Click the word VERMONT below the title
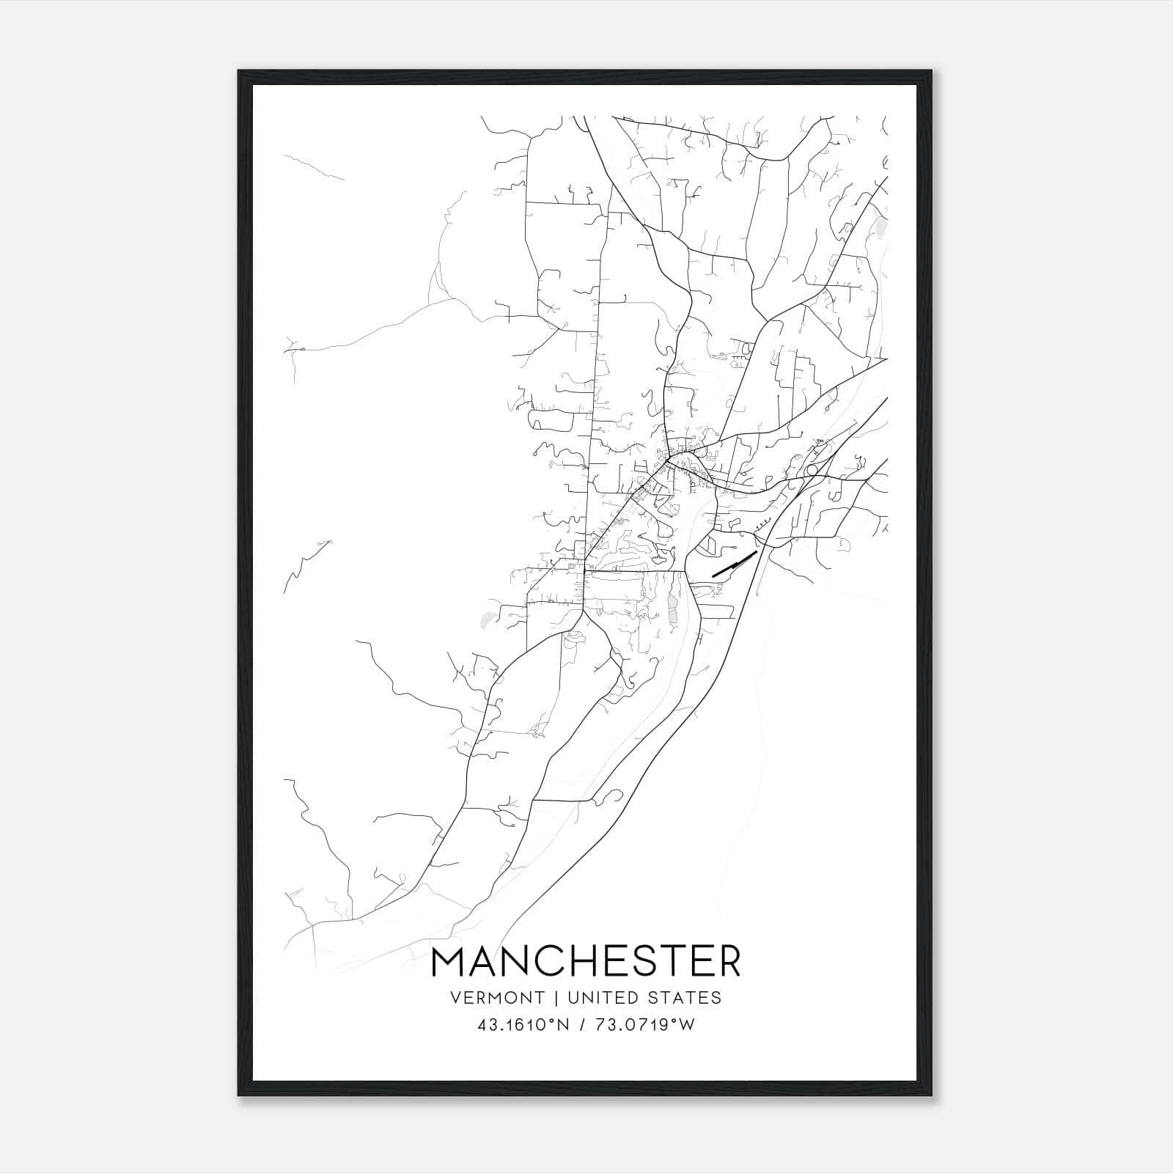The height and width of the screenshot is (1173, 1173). click(499, 998)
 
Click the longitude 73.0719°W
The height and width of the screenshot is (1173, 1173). click(644, 1025)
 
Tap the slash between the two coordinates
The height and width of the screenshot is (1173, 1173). click(583, 1025)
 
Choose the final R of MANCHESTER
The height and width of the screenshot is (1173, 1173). click(729, 963)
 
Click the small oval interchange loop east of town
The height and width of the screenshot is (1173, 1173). click(812, 470)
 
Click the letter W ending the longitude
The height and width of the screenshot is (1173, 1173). click(687, 1025)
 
